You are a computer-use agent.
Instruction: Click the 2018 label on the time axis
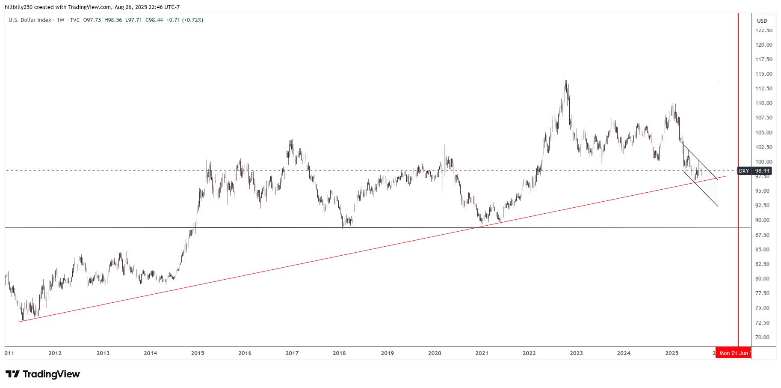tap(339, 353)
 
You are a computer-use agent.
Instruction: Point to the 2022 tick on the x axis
tap(529, 353)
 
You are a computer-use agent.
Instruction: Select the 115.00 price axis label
tap(764, 74)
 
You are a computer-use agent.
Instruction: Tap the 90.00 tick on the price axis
tap(764, 220)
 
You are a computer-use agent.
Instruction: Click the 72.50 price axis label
tap(764, 322)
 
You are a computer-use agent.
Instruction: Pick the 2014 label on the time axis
tap(151, 353)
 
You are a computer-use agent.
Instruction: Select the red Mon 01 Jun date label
tap(733, 353)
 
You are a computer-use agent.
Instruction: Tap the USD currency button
tap(762, 21)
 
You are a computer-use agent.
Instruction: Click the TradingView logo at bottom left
tap(43, 374)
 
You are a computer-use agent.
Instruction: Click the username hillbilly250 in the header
tap(19, 7)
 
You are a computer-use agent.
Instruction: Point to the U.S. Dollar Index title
tap(30, 20)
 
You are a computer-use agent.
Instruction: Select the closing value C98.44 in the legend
tap(154, 20)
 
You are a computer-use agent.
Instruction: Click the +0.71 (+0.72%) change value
tap(185, 20)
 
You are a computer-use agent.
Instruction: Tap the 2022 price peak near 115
tap(564, 76)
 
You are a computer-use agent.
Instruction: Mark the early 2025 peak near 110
tap(673, 103)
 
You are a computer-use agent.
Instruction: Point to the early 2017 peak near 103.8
tap(292, 140)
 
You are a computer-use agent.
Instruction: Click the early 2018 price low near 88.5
tap(344, 229)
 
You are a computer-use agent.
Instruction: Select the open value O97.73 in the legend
tap(92, 20)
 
